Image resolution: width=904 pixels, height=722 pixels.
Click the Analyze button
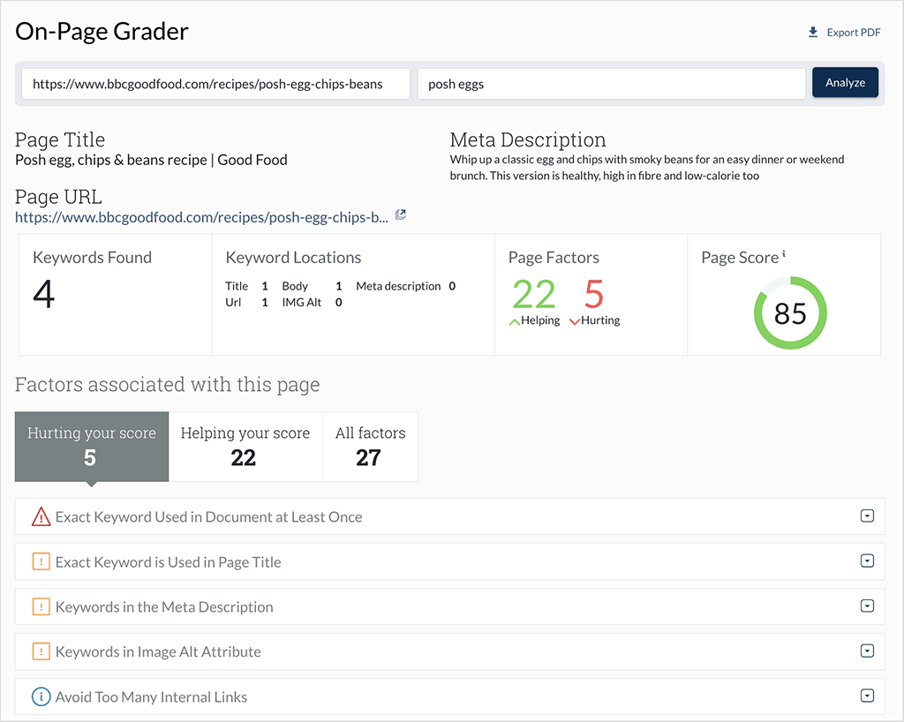(x=845, y=83)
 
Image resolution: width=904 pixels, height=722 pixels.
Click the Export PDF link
(x=845, y=33)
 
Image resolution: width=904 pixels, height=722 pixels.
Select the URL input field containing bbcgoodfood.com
(x=215, y=84)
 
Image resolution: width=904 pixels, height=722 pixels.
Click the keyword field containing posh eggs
(x=611, y=84)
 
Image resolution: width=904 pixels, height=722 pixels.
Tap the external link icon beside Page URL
(x=401, y=214)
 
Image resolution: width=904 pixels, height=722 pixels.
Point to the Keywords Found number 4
(x=44, y=294)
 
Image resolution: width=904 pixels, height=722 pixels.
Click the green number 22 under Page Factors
(x=533, y=294)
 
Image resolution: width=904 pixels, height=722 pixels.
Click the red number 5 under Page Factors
(x=594, y=294)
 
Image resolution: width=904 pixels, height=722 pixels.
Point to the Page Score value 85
(x=790, y=313)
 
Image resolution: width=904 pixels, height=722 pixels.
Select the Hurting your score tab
(x=92, y=446)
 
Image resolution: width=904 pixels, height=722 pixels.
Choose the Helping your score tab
(x=245, y=446)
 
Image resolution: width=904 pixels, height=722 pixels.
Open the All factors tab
(x=370, y=446)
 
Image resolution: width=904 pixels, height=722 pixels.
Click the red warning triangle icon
(x=41, y=517)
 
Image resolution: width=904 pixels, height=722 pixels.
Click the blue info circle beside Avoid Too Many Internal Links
(x=41, y=697)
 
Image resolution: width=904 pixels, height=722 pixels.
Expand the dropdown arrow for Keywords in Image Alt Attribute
(x=867, y=651)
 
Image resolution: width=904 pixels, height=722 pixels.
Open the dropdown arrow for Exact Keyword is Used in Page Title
(x=867, y=561)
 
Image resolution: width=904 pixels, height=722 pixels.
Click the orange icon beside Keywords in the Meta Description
(x=41, y=607)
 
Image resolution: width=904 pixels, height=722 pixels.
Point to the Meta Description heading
(x=528, y=139)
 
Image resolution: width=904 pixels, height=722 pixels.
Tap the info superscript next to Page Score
(x=784, y=254)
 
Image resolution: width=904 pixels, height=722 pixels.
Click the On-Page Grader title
(x=102, y=33)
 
